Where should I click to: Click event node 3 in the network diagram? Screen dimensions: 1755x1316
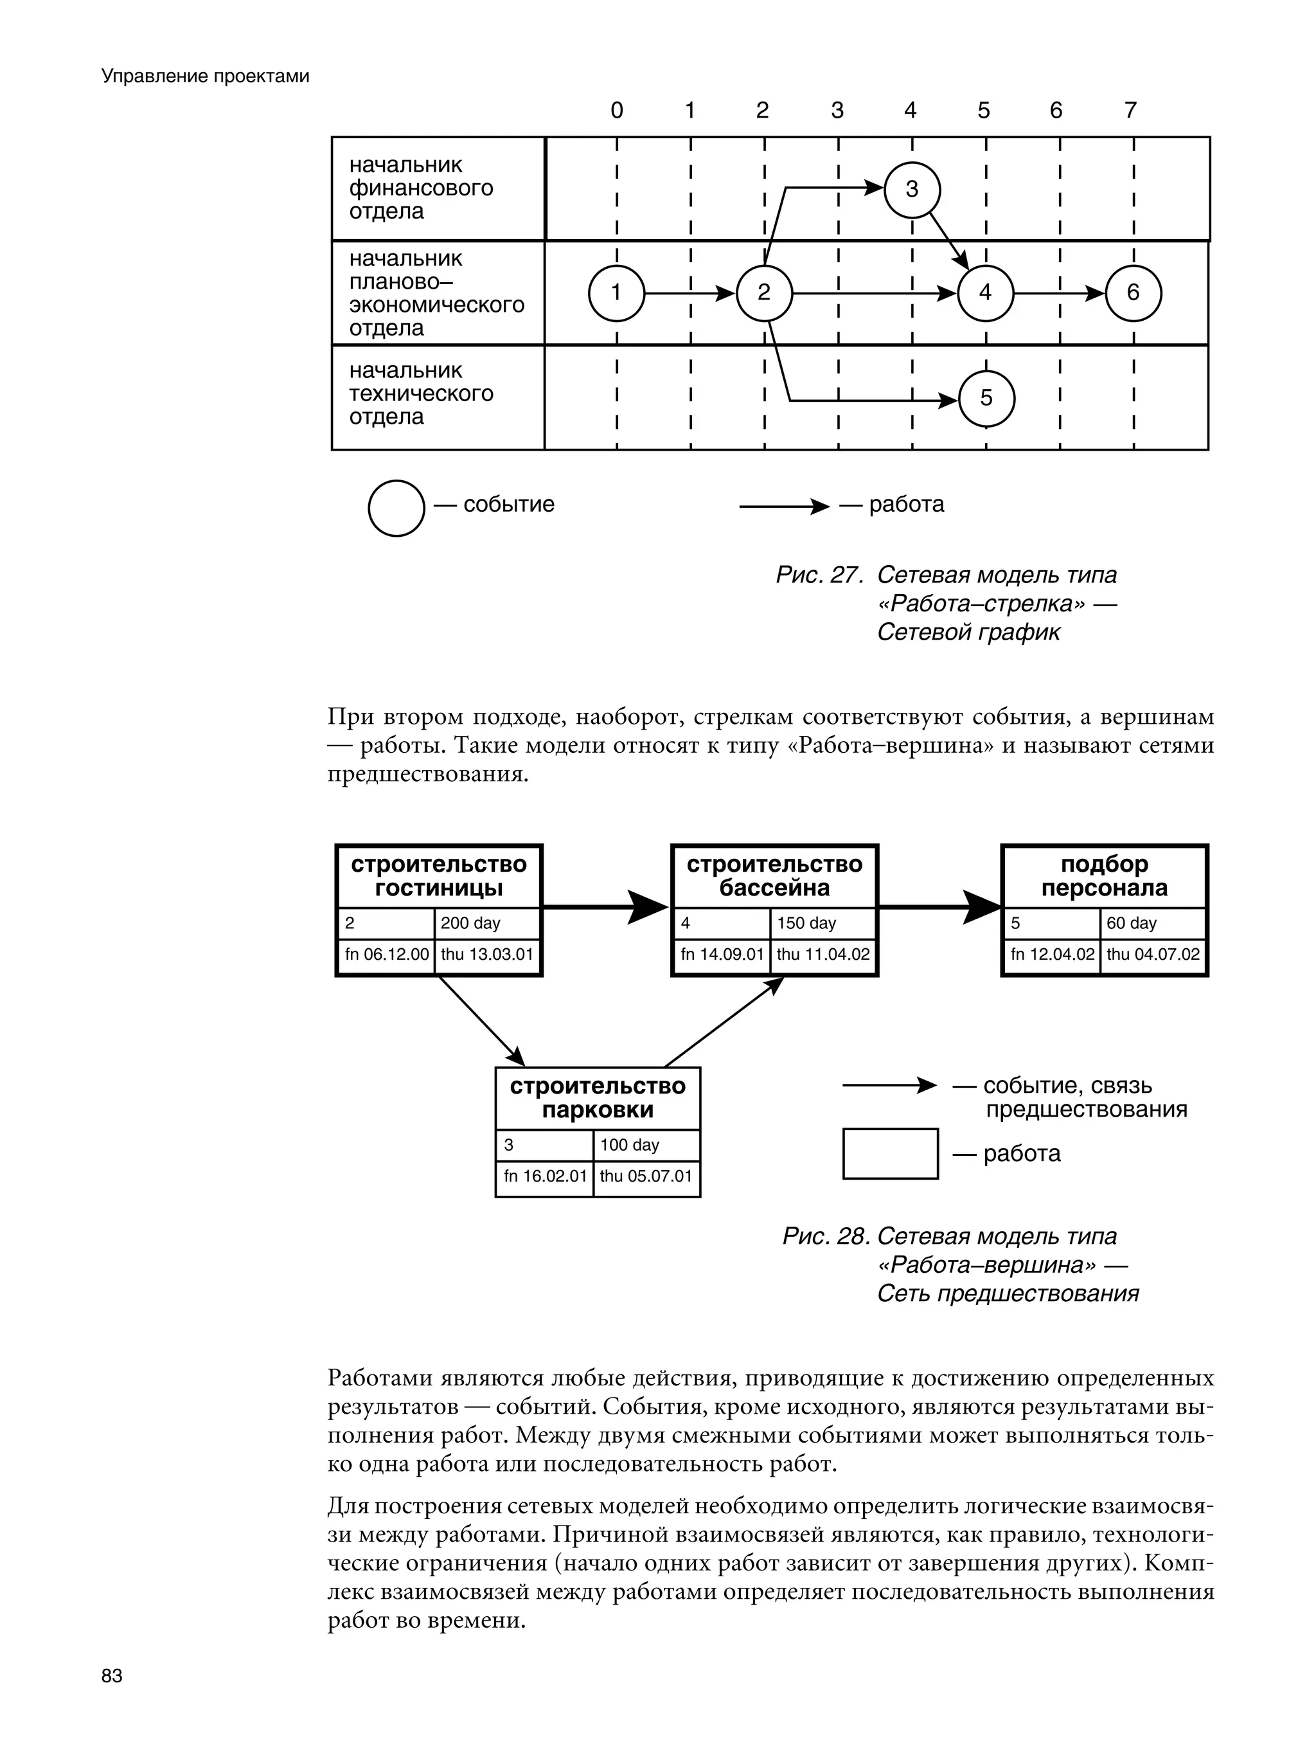(x=911, y=190)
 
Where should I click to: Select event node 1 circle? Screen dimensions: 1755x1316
(x=616, y=292)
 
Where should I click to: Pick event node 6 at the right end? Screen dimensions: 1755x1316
(x=1133, y=292)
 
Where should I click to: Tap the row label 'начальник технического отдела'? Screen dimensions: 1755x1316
(x=422, y=393)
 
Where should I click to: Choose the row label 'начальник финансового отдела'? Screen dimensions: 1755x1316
(x=422, y=188)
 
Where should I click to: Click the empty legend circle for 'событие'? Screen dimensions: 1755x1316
(x=396, y=508)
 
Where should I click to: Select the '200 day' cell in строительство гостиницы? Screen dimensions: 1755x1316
(x=487, y=923)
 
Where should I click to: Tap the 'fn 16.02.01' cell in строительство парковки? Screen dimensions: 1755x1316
(x=545, y=1176)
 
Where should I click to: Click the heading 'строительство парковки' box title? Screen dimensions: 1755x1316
(x=598, y=1098)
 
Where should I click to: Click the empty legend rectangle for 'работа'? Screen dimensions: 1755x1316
(x=890, y=1153)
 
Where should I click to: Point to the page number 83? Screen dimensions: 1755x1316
(x=112, y=1676)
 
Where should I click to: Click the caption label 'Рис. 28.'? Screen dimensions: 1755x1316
(x=826, y=1236)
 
